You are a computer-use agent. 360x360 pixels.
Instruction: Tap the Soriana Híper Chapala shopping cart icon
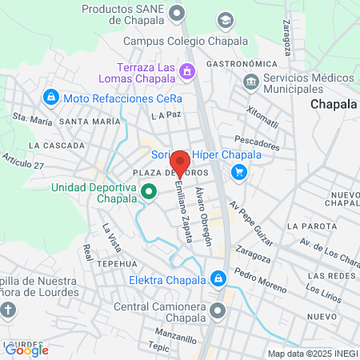click(238, 171)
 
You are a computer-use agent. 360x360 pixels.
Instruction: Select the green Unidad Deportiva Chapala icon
click(149, 192)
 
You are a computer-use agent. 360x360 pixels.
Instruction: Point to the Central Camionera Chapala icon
click(216, 310)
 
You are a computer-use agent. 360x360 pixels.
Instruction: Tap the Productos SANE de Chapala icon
click(178, 12)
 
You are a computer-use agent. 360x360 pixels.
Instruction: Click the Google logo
click(26, 350)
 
